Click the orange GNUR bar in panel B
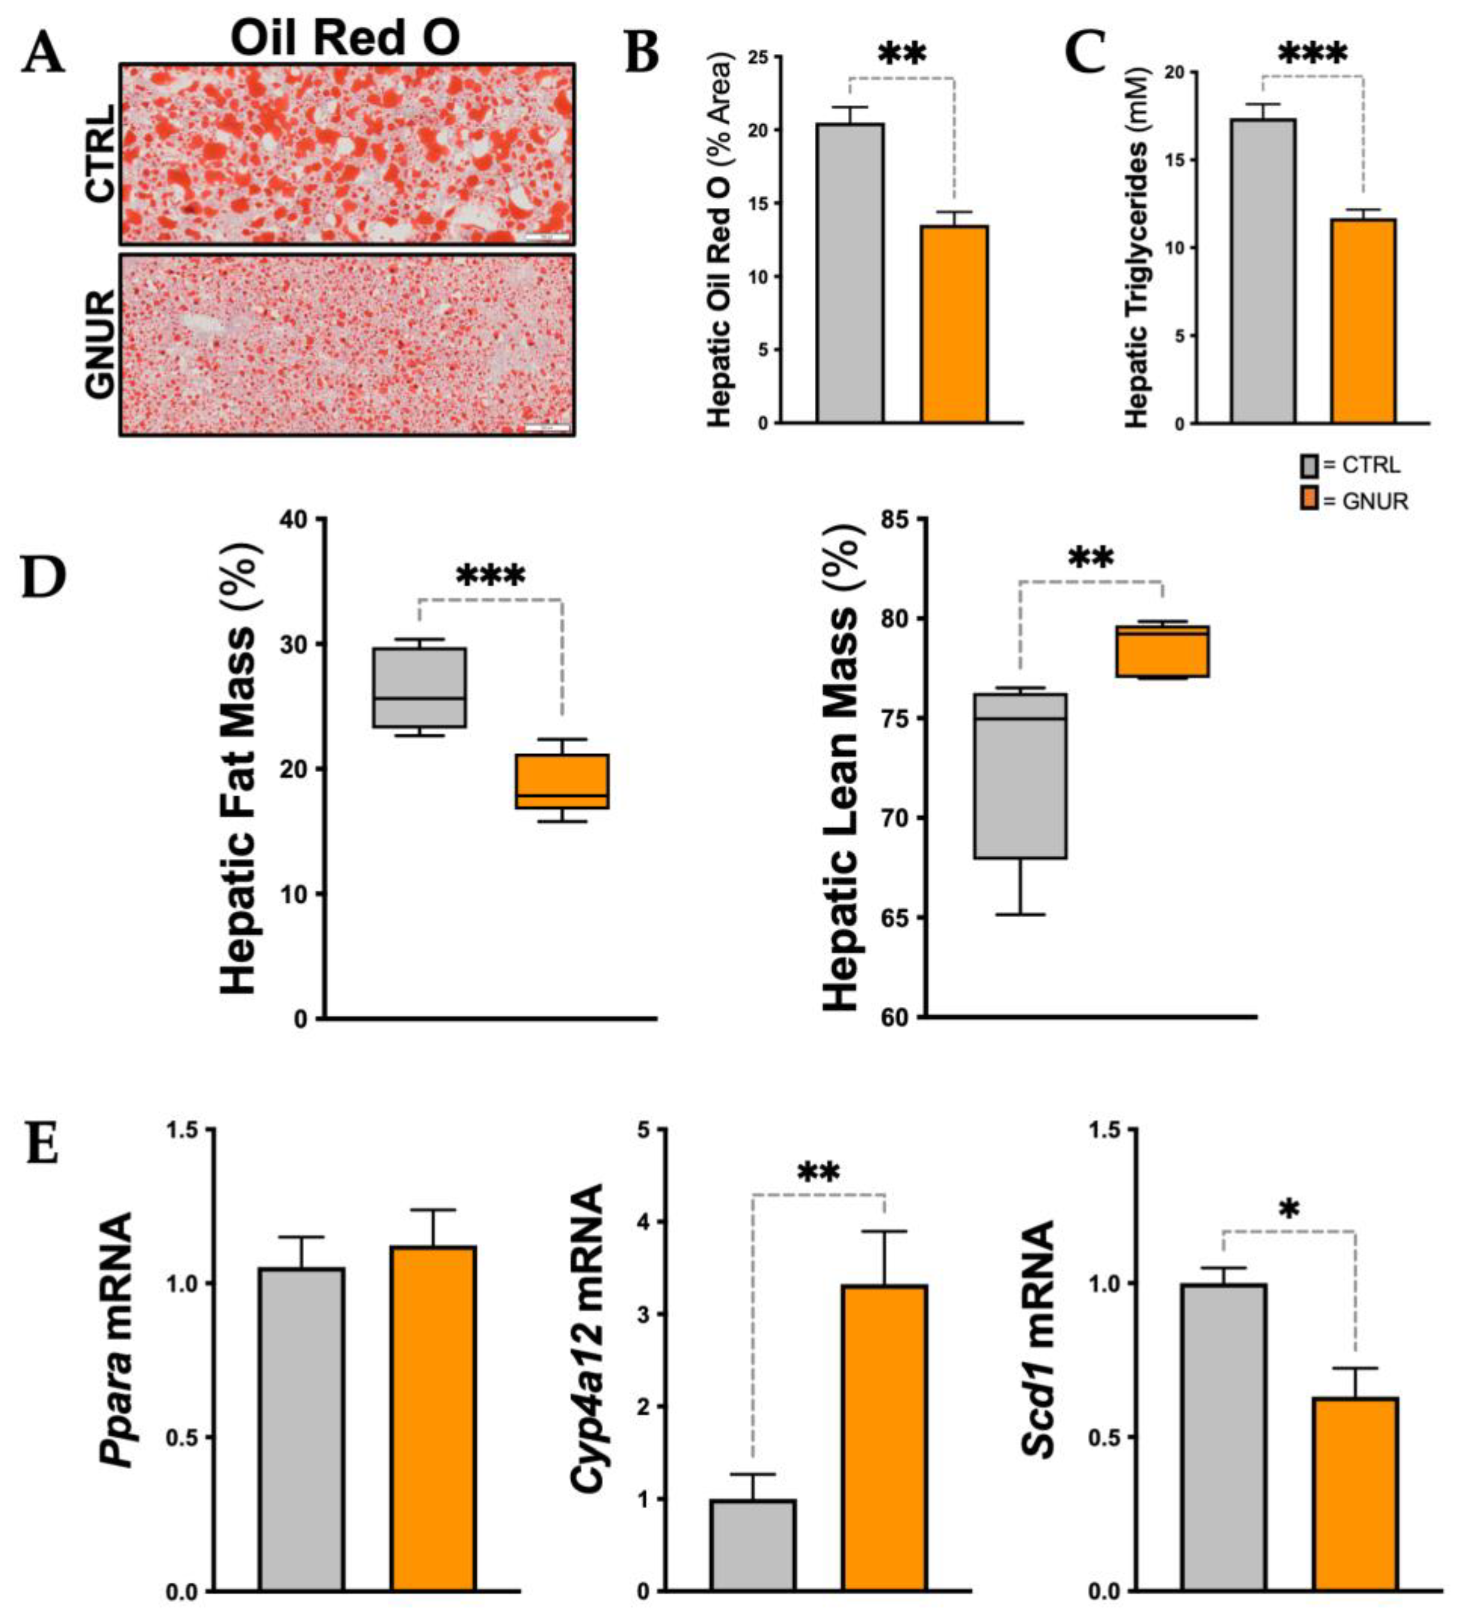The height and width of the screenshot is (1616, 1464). click(x=954, y=324)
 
